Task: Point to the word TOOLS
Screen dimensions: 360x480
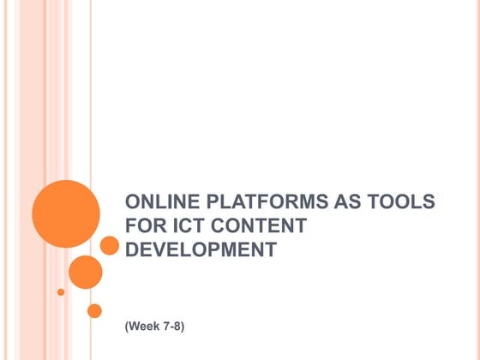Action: (x=401, y=203)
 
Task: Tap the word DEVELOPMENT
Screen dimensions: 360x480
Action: (x=201, y=251)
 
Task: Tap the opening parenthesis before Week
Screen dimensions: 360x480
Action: (x=127, y=328)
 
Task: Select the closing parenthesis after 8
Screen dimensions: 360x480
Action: (x=183, y=328)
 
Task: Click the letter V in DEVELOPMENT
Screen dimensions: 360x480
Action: (x=158, y=251)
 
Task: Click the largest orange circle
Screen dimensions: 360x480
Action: (x=66, y=213)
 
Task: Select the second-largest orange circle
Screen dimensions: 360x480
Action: (x=85, y=272)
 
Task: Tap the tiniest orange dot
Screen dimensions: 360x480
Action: (x=61, y=291)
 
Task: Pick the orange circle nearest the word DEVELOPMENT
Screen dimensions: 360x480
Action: (x=109, y=246)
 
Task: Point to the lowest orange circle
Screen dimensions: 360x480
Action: (x=94, y=310)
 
